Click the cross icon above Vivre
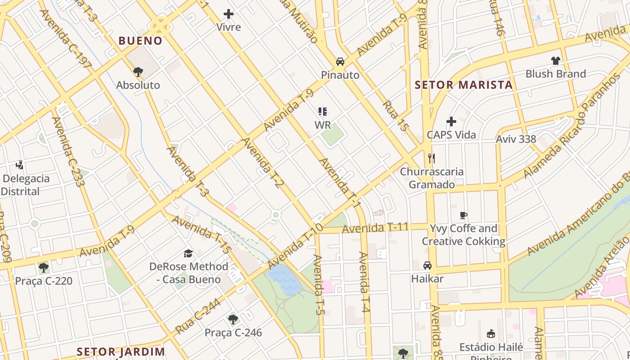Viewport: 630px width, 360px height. point(229,14)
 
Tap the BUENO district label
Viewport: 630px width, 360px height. point(140,41)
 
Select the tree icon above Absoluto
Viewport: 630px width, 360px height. point(138,72)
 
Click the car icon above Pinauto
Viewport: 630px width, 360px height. point(340,62)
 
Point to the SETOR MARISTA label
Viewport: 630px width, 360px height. point(463,85)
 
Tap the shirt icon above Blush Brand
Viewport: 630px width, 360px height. point(555,61)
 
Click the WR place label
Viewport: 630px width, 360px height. point(323,125)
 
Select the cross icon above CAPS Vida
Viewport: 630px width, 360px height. point(451,121)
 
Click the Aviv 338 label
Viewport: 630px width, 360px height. point(516,139)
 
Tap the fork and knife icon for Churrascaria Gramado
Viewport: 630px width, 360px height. point(432,158)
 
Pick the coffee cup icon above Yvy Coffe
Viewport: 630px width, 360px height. point(463,215)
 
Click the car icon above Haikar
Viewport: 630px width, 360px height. point(427,265)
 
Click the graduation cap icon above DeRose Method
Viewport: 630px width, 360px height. point(189,254)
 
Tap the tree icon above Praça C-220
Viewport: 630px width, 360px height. point(44,268)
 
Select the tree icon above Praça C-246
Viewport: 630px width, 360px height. point(233,319)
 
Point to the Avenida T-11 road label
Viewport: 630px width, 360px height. point(375,228)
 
